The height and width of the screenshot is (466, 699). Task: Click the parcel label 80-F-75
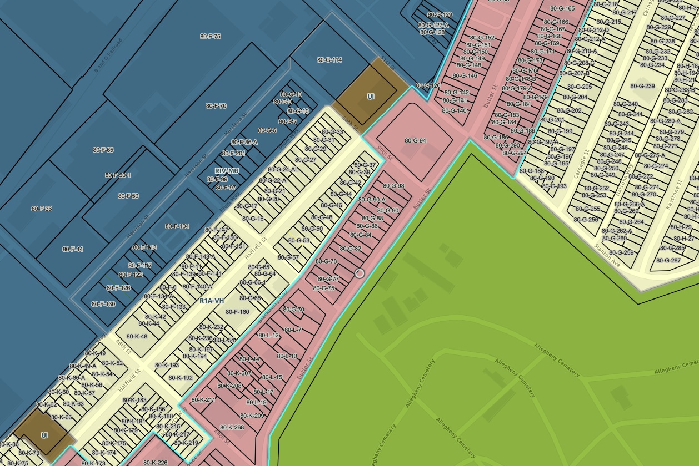pyautogui.click(x=211, y=37)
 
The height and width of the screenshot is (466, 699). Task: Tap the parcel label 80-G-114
pyautogui.click(x=329, y=60)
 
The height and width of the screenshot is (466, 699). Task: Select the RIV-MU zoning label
pyautogui.click(x=227, y=171)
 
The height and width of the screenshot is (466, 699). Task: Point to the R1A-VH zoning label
pyautogui.click(x=212, y=301)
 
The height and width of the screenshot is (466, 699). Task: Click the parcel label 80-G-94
pyautogui.click(x=415, y=141)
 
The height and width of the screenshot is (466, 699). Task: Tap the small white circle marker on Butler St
pyautogui.click(x=360, y=273)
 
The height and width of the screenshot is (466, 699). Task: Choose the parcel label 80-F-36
pyautogui.click(x=42, y=209)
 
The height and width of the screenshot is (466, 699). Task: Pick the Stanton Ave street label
pyautogui.click(x=606, y=252)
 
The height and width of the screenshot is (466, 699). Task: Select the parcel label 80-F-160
pyautogui.click(x=237, y=312)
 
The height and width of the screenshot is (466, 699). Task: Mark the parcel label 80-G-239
pyautogui.click(x=642, y=86)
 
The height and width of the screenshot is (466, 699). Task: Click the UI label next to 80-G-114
pyautogui.click(x=371, y=97)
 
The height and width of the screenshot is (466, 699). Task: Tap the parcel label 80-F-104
pyautogui.click(x=177, y=226)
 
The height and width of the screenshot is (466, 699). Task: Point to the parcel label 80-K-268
pyautogui.click(x=232, y=427)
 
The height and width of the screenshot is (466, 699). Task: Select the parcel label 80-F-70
pyautogui.click(x=216, y=106)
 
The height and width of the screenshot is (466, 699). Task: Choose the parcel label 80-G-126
pyautogui.click(x=428, y=86)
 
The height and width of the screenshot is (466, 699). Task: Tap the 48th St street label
pyautogui.click(x=123, y=348)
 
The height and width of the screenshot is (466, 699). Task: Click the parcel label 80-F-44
pyautogui.click(x=73, y=249)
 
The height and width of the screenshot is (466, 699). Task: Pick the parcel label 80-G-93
pyautogui.click(x=393, y=186)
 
